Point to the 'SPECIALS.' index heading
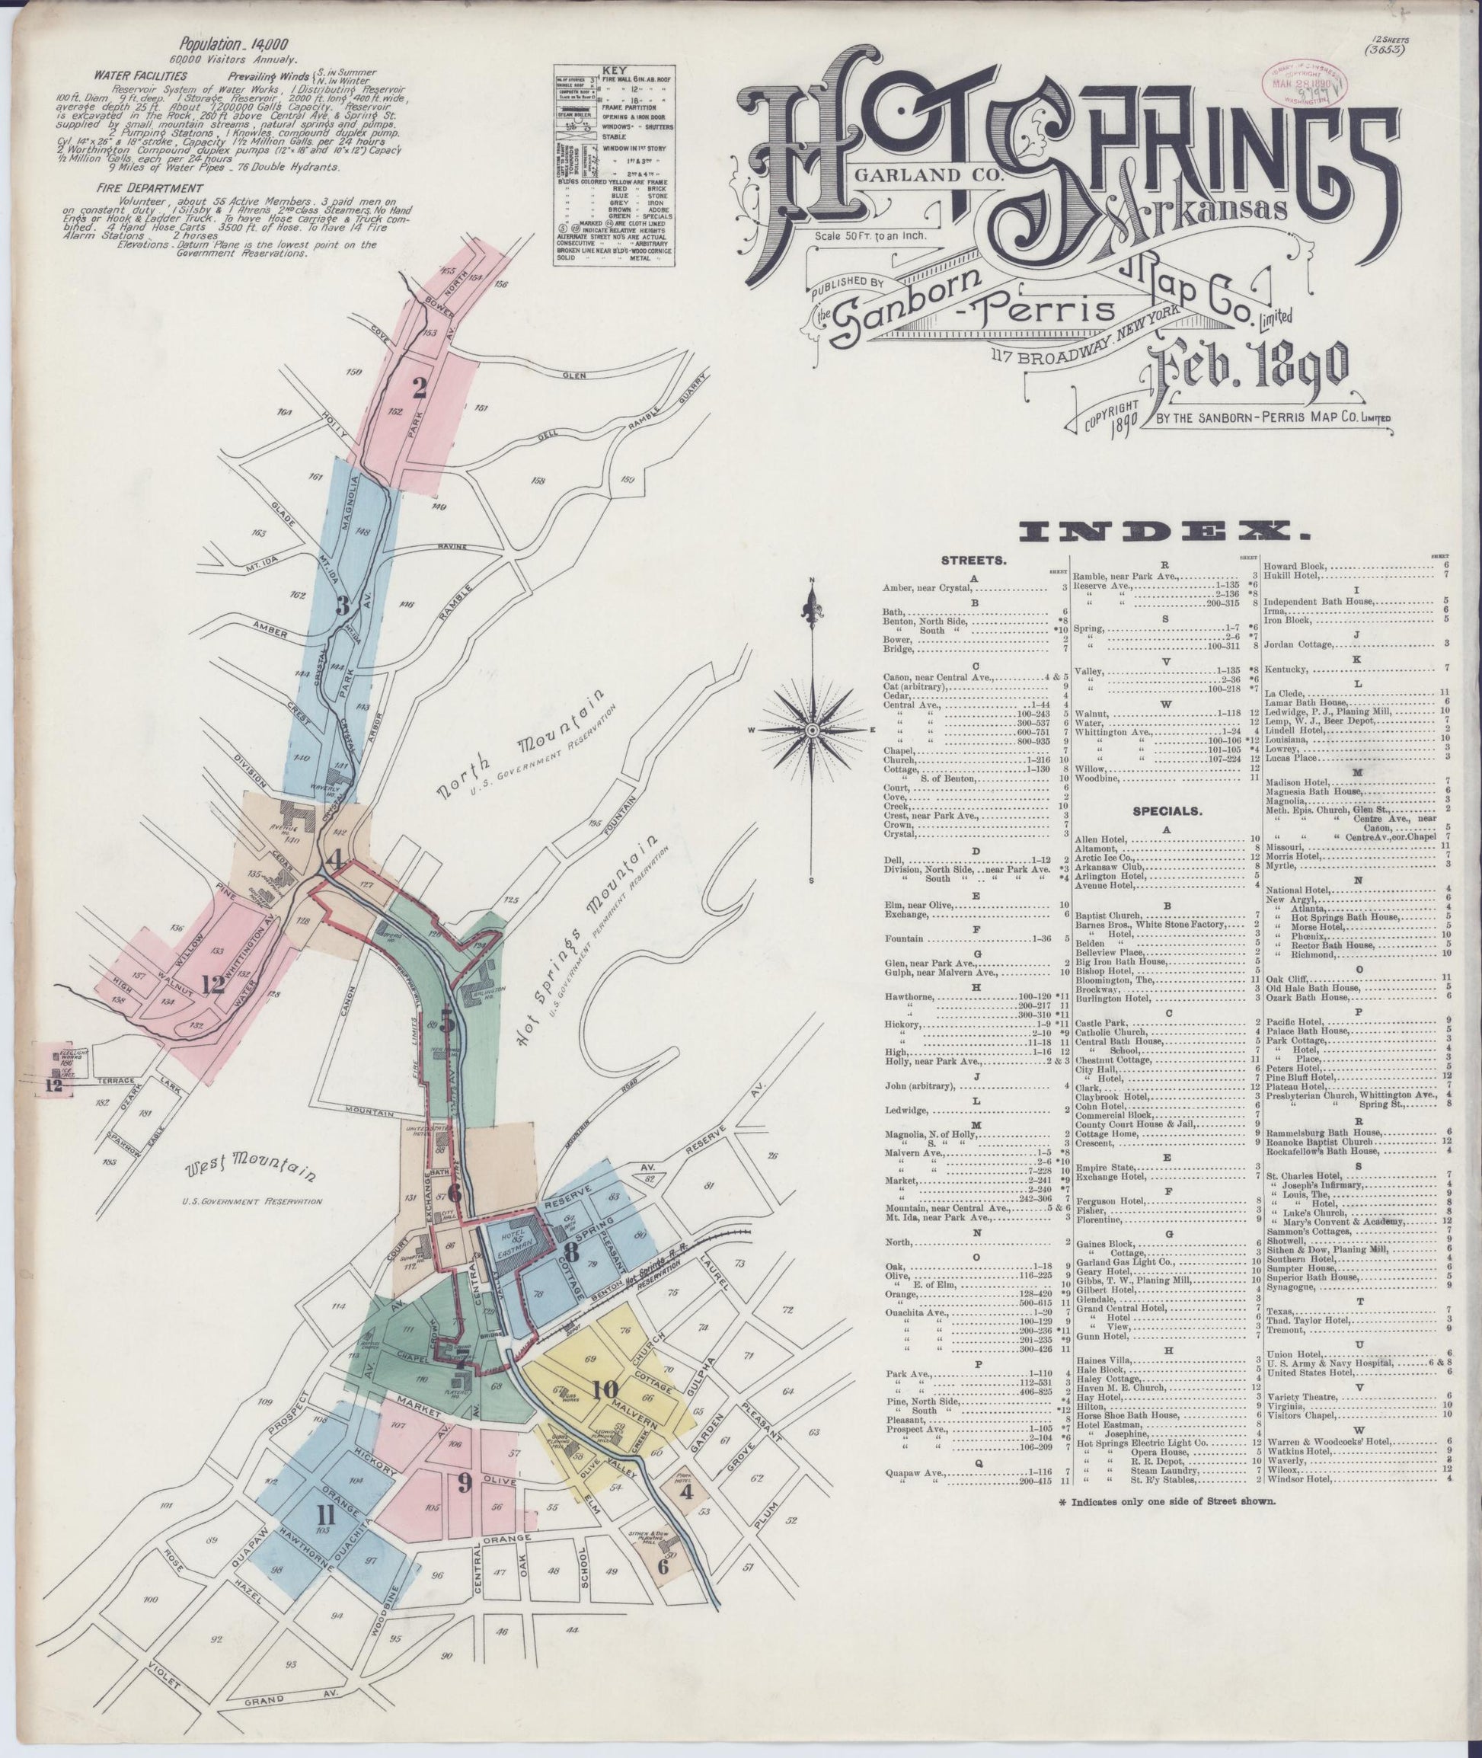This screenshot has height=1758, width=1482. pos(1167,812)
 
